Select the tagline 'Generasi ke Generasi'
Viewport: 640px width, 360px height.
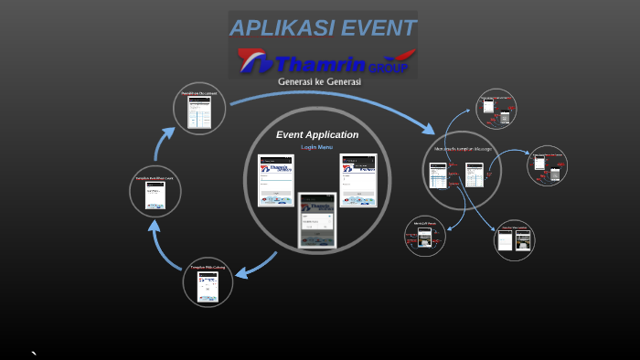(x=319, y=81)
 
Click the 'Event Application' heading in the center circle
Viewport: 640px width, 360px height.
(x=317, y=134)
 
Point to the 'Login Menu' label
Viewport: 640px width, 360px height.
(x=317, y=147)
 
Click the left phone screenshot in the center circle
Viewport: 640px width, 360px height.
(x=275, y=180)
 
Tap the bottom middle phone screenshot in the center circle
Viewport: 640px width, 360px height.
(x=316, y=219)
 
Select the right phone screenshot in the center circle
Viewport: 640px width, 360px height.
(x=357, y=180)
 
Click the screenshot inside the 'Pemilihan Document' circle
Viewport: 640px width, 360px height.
(x=199, y=111)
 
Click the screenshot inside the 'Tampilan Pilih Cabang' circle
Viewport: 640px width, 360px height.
(x=208, y=286)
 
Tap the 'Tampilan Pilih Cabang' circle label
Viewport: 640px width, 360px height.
(x=208, y=267)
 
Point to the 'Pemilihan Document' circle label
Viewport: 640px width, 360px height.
(x=199, y=93)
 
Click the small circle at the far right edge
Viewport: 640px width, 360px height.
(x=548, y=165)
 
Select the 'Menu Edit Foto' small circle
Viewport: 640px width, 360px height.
(x=424, y=236)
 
